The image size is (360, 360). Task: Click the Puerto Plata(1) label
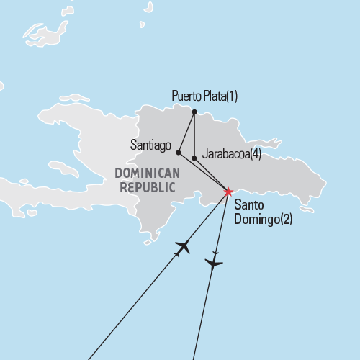(204, 96)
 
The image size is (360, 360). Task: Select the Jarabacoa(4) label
(233, 153)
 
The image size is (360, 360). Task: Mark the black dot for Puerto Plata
(194, 111)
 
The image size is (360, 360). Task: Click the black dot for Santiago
(179, 152)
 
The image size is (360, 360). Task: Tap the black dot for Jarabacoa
(194, 157)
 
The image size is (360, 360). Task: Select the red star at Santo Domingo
(228, 192)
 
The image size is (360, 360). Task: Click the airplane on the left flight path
(182, 247)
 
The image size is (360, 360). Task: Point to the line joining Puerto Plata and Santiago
(186, 132)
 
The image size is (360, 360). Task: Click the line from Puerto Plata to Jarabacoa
(194, 134)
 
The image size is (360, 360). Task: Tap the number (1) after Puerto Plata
(230, 96)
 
